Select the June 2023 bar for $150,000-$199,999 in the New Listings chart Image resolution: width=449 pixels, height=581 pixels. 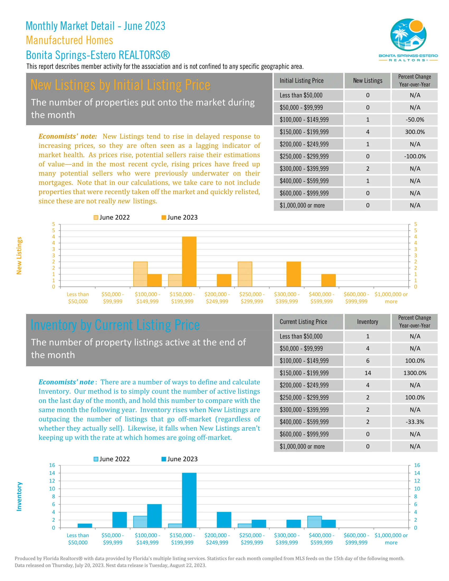(x=189, y=261)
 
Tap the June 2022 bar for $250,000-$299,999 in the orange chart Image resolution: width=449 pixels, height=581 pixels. (x=245, y=274)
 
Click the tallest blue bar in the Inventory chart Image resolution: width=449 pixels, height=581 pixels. (x=189, y=500)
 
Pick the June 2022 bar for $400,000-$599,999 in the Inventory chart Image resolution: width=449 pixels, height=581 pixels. (x=314, y=522)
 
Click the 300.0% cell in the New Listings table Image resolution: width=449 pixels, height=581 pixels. (x=414, y=132)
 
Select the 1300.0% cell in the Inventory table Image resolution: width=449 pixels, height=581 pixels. (x=414, y=373)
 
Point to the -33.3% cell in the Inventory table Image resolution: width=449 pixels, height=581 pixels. (x=414, y=422)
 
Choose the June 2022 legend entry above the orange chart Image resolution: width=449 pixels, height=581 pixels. (x=112, y=217)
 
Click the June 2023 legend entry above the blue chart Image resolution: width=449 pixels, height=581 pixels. (x=180, y=459)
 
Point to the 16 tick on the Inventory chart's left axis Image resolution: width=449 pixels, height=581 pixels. (x=52, y=465)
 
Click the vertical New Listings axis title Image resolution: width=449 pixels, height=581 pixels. (x=19, y=256)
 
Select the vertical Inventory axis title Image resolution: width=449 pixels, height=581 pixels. (x=19, y=496)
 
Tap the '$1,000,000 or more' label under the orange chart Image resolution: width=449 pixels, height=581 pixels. (x=391, y=298)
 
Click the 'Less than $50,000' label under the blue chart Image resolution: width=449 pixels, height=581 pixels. (x=78, y=539)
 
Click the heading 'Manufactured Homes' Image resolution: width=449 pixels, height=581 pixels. (x=69, y=40)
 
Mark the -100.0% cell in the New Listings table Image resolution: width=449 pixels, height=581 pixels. (x=414, y=156)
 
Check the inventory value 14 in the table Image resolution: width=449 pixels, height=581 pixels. (x=368, y=373)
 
